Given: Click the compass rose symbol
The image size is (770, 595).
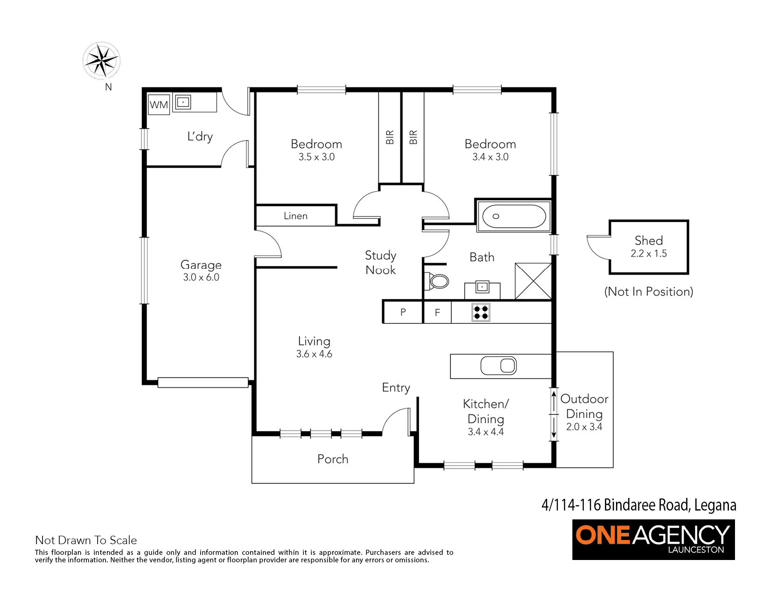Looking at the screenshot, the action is pyautogui.click(x=102, y=61).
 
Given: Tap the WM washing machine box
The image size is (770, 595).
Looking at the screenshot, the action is pyautogui.click(x=159, y=105).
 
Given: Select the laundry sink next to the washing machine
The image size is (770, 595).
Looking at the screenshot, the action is pyautogui.click(x=183, y=102).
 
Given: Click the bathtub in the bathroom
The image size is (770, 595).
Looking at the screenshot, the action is pyautogui.click(x=514, y=216).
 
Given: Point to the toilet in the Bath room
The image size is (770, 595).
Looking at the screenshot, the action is pyautogui.click(x=437, y=281).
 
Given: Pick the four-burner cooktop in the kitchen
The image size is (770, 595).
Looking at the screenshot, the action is pyautogui.click(x=481, y=312).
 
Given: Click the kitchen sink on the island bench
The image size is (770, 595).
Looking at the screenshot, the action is pyautogui.click(x=498, y=366).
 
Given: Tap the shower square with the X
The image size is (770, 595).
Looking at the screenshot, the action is pyautogui.click(x=533, y=281).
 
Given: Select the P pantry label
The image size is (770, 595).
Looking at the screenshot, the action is pyautogui.click(x=403, y=312).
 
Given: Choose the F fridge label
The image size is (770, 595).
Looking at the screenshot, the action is pyautogui.click(x=437, y=313).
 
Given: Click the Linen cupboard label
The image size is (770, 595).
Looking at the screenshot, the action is pyautogui.click(x=295, y=216).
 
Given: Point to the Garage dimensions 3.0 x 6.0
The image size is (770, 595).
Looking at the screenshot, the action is pyautogui.click(x=201, y=277).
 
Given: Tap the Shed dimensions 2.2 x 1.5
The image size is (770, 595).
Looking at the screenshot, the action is pyautogui.click(x=649, y=253).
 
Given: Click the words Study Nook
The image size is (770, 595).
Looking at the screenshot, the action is pyautogui.click(x=381, y=263).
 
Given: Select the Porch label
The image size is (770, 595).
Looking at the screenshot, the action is pyautogui.click(x=333, y=459).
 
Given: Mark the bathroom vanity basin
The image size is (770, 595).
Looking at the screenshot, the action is pyautogui.click(x=482, y=287).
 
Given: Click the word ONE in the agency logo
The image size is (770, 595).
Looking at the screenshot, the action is pyautogui.click(x=602, y=535).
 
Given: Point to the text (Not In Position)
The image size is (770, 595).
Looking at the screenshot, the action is pyautogui.click(x=649, y=292).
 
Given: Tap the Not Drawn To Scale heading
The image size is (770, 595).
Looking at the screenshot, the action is pyautogui.click(x=86, y=540).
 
